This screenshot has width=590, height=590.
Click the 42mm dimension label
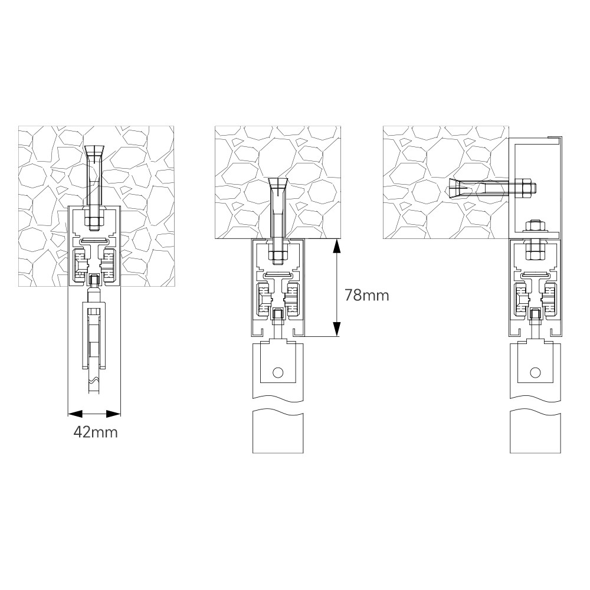coord(96,432)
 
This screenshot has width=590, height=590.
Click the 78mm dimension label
coord(367,296)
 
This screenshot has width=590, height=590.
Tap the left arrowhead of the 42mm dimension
coord(75,414)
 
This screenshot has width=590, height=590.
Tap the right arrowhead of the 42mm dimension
coord(113,414)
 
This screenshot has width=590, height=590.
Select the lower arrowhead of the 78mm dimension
coord(336,329)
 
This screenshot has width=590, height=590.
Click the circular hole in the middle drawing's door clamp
coord(278,372)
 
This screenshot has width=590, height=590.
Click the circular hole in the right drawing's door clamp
coord(535,372)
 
